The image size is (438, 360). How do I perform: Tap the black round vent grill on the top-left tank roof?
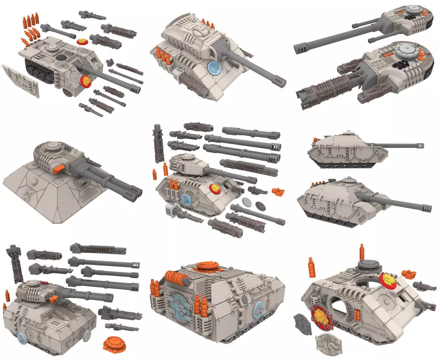(61, 58)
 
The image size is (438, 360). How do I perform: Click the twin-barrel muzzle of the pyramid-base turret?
(134, 194)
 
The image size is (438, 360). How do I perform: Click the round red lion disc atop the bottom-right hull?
(388, 279)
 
